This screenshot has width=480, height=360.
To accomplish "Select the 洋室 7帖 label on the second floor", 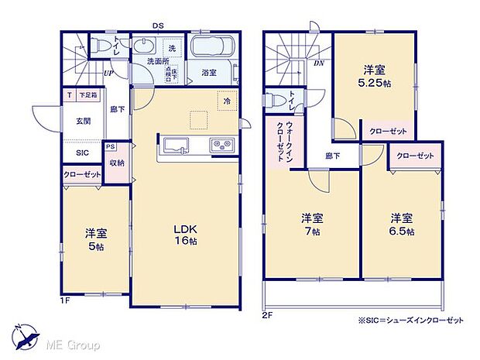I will point(311,225).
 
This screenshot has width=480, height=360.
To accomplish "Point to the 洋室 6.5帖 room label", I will point(401,225).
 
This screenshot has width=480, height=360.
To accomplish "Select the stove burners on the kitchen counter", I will point(219,145).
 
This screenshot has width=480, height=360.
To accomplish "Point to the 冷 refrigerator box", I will point(227,101).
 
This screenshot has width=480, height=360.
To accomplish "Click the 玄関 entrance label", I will point(84,121).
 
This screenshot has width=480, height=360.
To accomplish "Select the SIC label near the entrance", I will point(82,153).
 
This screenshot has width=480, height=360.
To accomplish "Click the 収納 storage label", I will point(117,163).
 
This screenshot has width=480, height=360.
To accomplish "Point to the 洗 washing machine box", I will point(172,47).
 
